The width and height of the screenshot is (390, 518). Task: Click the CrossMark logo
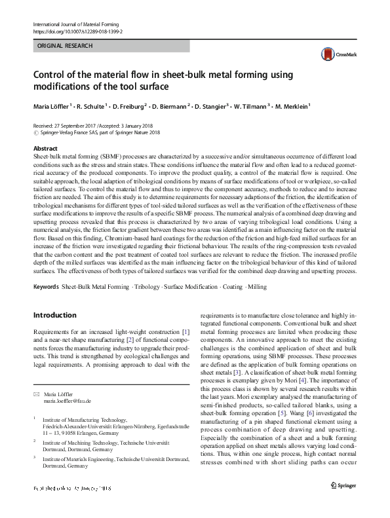pos(331,54)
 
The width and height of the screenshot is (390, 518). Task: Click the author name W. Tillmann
pos(252,106)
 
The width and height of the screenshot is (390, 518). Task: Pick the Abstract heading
pos(45,149)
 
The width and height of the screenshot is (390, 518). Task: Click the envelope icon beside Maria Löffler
pos(36,394)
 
